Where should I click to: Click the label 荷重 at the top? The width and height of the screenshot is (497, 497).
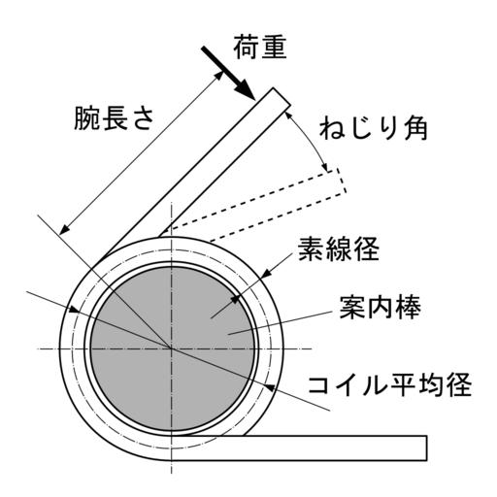click(x=260, y=48)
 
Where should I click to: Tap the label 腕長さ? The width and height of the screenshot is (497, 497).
click(x=115, y=117)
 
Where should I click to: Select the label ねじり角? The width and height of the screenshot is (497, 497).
click(x=374, y=128)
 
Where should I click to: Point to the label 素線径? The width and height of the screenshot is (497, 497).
click(x=338, y=249)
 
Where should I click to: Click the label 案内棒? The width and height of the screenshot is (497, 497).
click(x=381, y=307)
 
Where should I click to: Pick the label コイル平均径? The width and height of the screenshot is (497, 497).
click(x=390, y=384)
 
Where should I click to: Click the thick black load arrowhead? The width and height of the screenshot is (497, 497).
click(x=245, y=90)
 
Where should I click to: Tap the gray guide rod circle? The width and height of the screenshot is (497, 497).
click(x=172, y=349)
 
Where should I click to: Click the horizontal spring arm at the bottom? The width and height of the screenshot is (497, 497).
click(x=299, y=447)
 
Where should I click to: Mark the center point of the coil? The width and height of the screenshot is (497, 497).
click(x=172, y=349)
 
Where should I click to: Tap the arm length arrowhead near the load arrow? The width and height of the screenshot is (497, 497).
click(x=219, y=76)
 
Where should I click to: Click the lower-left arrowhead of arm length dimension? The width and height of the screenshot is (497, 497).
click(x=64, y=230)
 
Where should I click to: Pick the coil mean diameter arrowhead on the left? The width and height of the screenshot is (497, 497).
click(x=74, y=310)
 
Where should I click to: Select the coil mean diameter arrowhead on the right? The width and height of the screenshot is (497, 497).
click(x=269, y=386)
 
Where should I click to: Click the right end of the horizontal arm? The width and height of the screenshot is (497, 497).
click(x=427, y=447)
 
